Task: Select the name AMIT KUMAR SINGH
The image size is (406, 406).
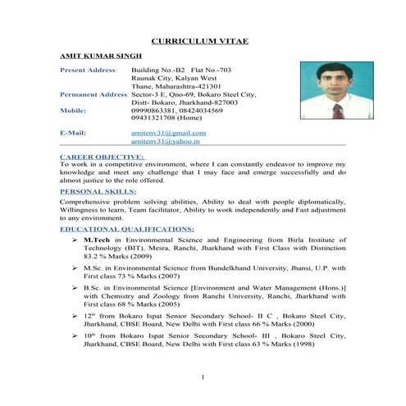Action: point(94,57)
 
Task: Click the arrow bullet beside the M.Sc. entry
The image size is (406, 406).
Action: point(75,268)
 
